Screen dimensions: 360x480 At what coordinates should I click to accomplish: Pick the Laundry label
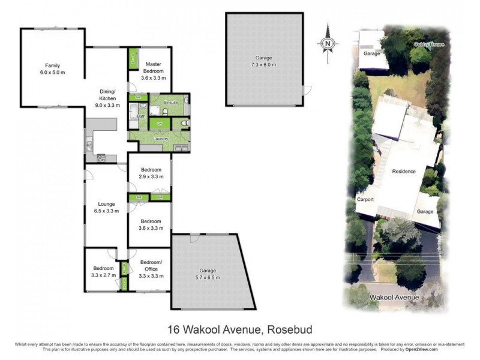[160, 139]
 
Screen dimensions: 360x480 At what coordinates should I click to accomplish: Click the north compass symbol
[328, 43]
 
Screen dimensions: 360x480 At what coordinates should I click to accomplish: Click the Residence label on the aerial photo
[403, 172]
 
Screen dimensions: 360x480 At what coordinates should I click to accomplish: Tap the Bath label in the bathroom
[142, 116]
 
